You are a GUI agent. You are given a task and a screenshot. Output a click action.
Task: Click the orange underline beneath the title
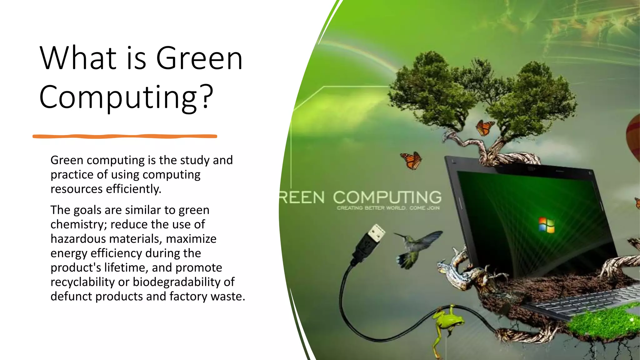(x=125, y=136)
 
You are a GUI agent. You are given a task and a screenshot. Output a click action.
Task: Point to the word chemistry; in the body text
(x=78, y=224)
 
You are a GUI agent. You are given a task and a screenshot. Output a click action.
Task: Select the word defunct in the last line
(x=71, y=296)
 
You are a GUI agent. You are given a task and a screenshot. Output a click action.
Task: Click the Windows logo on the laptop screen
(x=546, y=225)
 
